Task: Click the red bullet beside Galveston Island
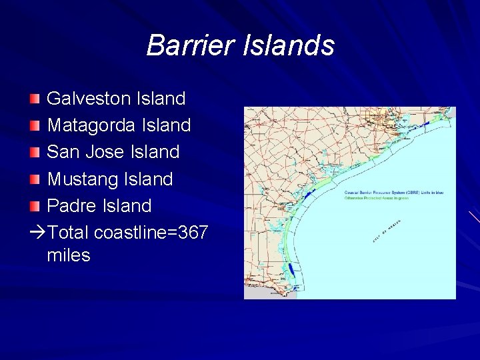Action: pos(35,99)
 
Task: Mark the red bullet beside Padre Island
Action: pos(35,206)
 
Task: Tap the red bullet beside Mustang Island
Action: pos(35,179)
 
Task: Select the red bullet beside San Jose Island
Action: pos(35,153)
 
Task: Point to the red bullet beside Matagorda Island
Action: pos(35,126)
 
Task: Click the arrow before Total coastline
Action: pos(37,233)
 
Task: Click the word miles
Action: pos(69,255)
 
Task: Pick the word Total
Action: pos(69,233)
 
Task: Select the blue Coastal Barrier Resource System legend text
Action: pos(393,193)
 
